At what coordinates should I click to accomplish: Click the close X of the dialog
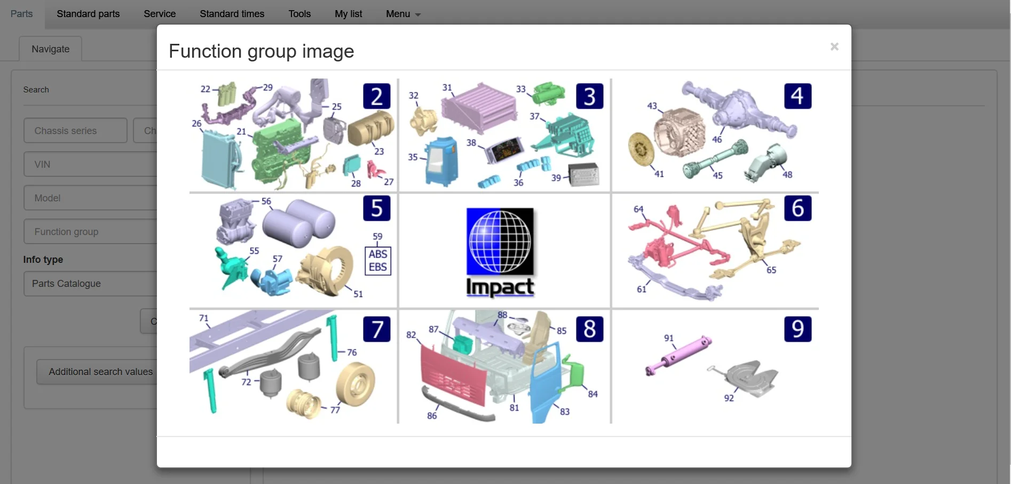pos(834,46)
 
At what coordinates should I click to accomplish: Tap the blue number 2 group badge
pos(377,96)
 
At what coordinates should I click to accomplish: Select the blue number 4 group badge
pos(797,96)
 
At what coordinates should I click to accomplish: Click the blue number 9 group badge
pos(797,329)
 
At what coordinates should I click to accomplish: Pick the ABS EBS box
pos(378,261)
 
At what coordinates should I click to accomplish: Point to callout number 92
pos(729,398)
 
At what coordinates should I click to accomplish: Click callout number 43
pos(652,106)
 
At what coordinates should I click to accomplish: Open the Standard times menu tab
pos(232,14)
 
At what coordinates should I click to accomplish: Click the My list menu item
pos(349,14)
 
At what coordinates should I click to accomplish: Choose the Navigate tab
pos(51,49)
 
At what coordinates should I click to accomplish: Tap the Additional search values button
pos(101,372)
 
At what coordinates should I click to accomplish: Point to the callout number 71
pos(204,318)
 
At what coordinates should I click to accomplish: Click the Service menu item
pos(160,14)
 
